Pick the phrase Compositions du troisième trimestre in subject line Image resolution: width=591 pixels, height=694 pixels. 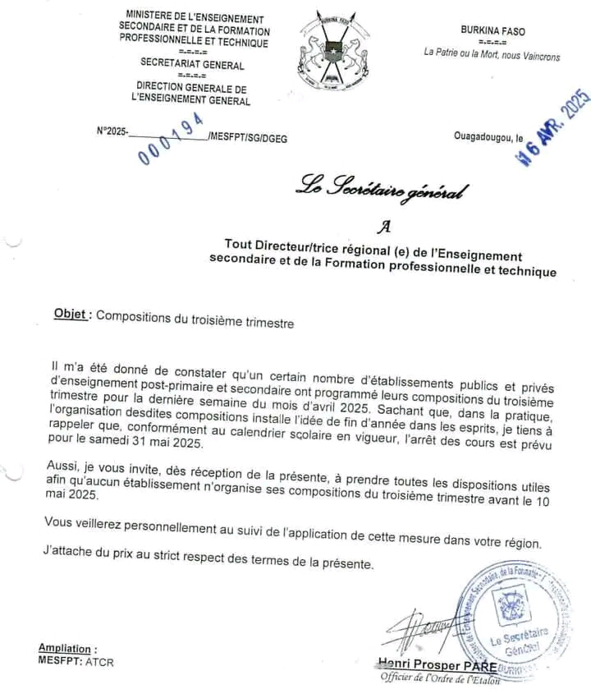point(195,323)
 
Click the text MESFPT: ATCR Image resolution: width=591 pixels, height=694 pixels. point(76,661)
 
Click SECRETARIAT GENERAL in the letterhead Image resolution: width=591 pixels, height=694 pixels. point(191,63)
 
